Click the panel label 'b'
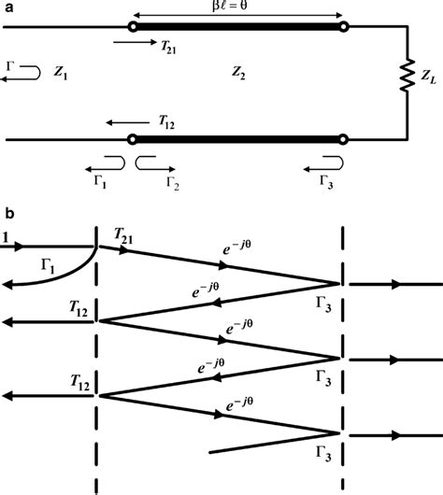point(8,216)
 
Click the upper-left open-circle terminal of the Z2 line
point(134,26)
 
